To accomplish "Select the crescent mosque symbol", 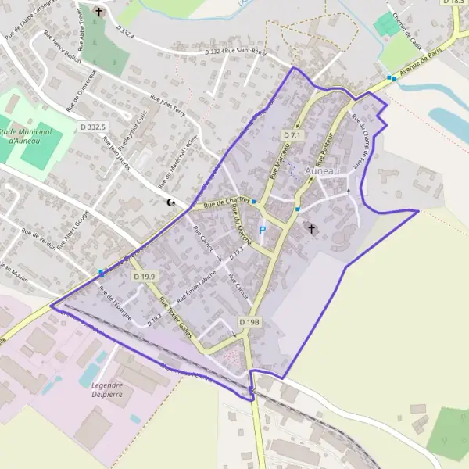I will pyautogui.click(x=171, y=203).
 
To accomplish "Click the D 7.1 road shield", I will pyautogui.click(x=292, y=135).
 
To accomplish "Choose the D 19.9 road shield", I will pyautogui.click(x=144, y=277).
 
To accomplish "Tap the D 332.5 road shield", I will pyautogui.click(x=92, y=126).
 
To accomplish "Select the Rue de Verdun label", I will pyautogui.click(x=40, y=238).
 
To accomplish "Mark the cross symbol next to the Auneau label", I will pyautogui.click(x=313, y=230).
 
